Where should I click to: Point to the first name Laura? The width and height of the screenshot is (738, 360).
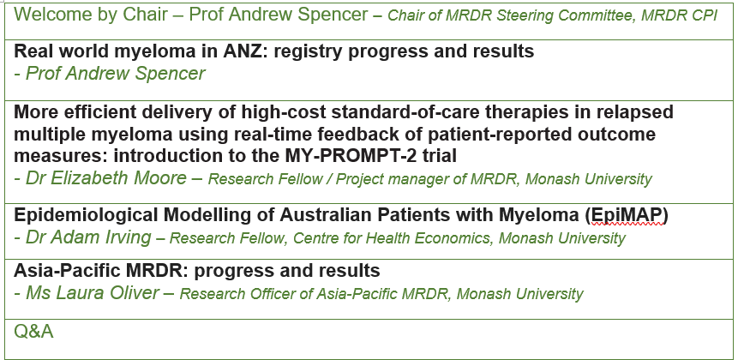(x=83, y=292)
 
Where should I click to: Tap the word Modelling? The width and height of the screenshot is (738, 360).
(x=212, y=215)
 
